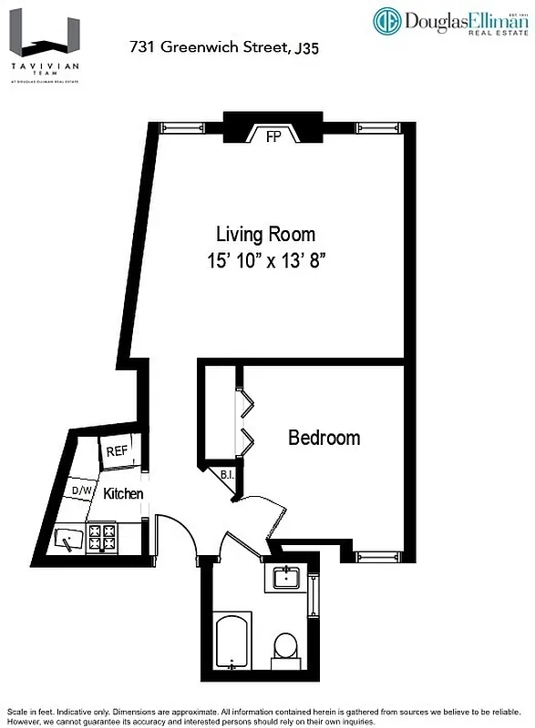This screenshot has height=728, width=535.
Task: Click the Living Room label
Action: tap(265, 234)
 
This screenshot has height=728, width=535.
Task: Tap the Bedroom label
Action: tap(324, 438)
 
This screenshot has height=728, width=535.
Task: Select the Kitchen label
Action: tap(123, 494)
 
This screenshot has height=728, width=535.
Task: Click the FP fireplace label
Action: tap(273, 137)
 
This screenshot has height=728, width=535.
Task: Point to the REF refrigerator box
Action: tap(117, 451)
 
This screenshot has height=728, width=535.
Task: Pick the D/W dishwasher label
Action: tap(83, 491)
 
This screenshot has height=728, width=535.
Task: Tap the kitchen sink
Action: tap(69, 540)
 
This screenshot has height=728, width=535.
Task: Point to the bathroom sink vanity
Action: tap(288, 578)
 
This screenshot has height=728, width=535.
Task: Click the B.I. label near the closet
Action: tap(227, 475)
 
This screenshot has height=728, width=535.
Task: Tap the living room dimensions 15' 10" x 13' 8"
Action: tap(265, 261)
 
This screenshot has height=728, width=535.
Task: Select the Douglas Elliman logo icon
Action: tap(386, 22)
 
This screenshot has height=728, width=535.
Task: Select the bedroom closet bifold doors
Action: tap(244, 420)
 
